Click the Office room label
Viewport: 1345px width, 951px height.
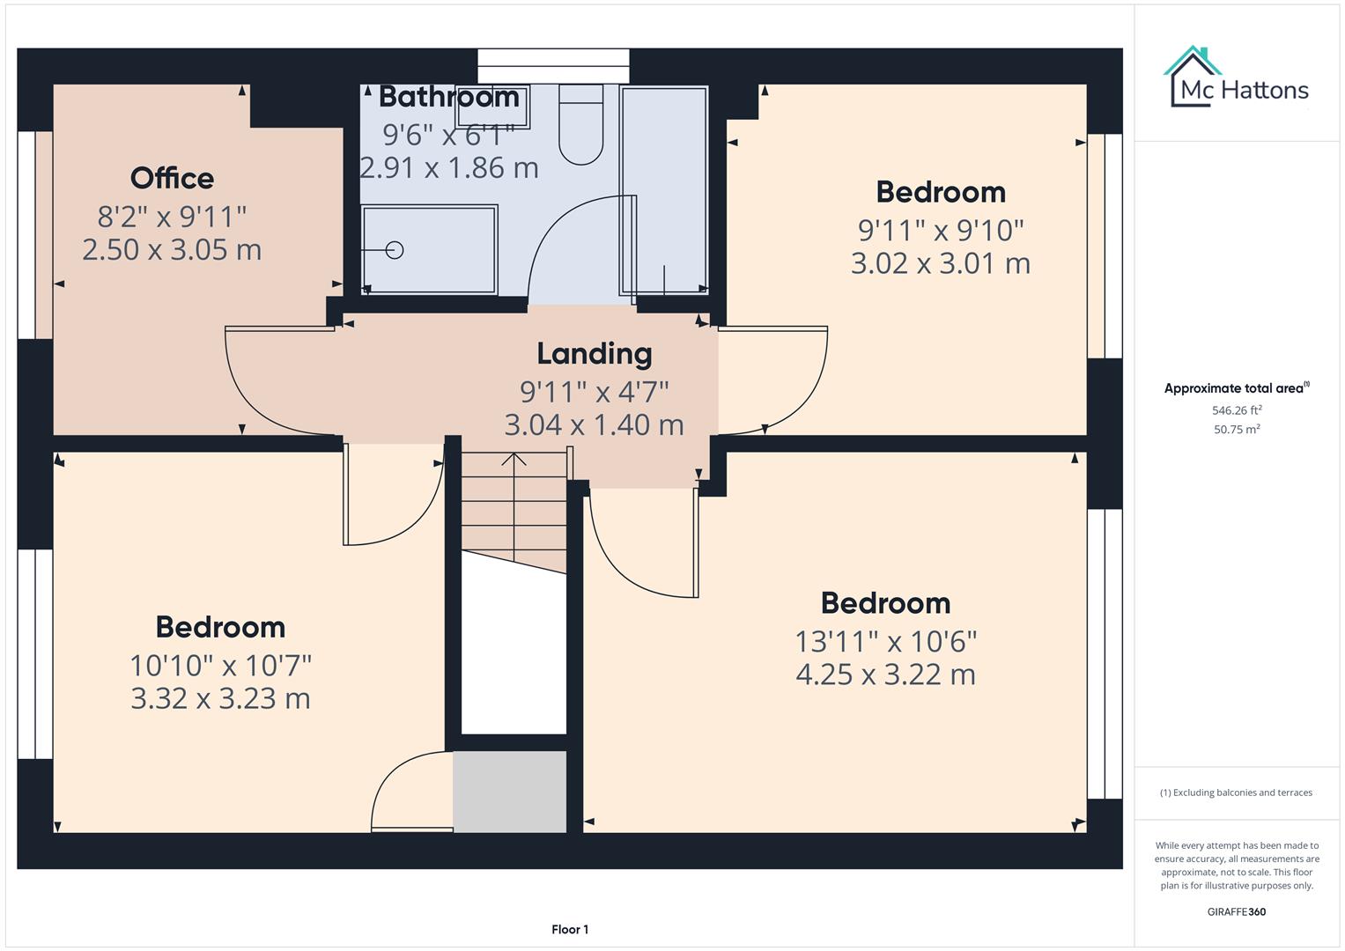pos(172,178)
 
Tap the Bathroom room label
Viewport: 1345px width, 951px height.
pos(449,97)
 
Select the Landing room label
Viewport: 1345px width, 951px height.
pos(595,354)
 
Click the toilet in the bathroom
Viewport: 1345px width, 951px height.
pos(580,124)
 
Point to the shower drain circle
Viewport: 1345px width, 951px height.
pos(395,250)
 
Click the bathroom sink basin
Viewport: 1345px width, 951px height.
pos(492,107)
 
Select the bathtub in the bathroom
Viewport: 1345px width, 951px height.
pos(664,190)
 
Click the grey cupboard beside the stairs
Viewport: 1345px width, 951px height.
pos(510,792)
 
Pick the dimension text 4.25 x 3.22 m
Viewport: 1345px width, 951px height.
pos(886,675)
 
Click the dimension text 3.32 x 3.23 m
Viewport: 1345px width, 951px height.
pos(220,699)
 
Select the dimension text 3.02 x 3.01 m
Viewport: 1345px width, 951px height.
pos(941,263)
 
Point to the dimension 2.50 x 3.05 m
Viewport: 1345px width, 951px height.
pos(172,250)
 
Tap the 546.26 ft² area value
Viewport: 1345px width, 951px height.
pos(1237,410)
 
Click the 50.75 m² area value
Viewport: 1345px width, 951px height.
pos(1237,430)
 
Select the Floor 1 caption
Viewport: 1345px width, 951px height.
pos(570,929)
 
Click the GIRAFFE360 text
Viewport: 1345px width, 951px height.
pos(1237,911)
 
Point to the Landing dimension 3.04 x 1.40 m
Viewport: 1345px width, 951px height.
pos(595,425)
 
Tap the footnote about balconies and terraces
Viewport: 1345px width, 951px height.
pos(1237,792)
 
